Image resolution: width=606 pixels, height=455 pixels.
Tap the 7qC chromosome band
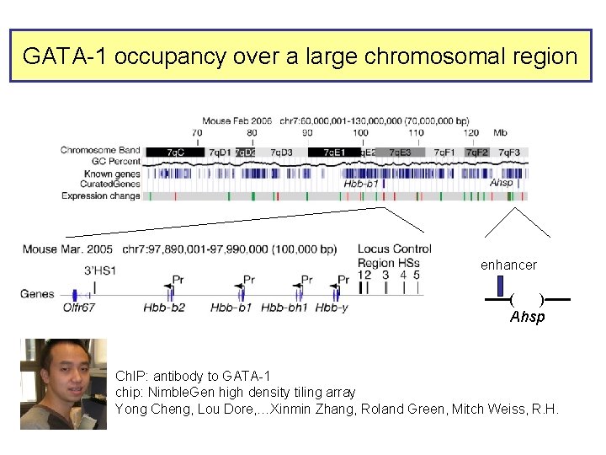[175, 152]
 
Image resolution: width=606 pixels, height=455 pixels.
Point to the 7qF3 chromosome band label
[508, 152]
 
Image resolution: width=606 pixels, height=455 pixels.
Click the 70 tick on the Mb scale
[196, 132]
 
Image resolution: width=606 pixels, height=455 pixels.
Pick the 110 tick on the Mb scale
[416, 132]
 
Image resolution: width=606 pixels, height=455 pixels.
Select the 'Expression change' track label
[101, 195]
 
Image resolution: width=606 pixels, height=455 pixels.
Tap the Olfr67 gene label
[79, 308]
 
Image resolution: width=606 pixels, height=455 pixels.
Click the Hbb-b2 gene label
[164, 308]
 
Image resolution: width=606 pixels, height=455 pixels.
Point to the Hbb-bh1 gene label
[284, 308]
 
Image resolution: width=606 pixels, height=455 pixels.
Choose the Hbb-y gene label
[332, 308]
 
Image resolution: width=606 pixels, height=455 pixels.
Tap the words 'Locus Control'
[394, 249]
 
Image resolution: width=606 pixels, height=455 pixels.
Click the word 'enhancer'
[508, 265]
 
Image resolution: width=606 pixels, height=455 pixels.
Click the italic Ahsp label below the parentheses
[527, 317]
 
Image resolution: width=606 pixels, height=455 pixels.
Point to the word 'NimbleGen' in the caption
[177, 392]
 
